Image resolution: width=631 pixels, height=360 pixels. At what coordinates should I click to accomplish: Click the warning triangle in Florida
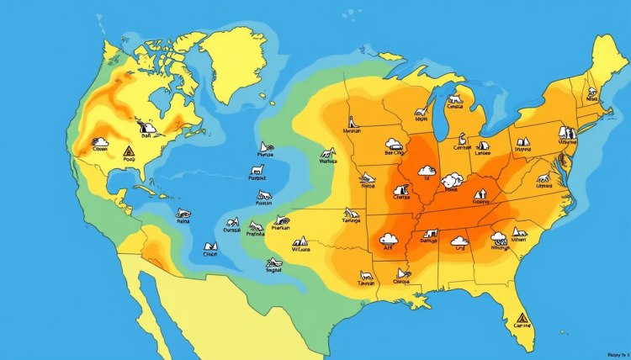[x=522, y=319]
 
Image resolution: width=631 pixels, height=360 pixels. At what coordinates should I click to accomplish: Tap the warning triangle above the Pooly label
[x=129, y=151]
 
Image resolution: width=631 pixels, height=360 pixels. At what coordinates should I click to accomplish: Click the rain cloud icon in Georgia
[x=499, y=236]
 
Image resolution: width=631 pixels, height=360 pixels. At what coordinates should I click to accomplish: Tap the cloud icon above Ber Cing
[x=393, y=144]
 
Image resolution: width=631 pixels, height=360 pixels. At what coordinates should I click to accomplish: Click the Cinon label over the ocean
[x=210, y=252]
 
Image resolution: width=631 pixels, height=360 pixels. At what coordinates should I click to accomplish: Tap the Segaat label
[x=274, y=271]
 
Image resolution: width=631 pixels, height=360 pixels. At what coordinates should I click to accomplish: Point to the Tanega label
[x=351, y=221]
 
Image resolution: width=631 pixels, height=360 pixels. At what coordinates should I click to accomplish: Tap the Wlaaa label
[x=300, y=249]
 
